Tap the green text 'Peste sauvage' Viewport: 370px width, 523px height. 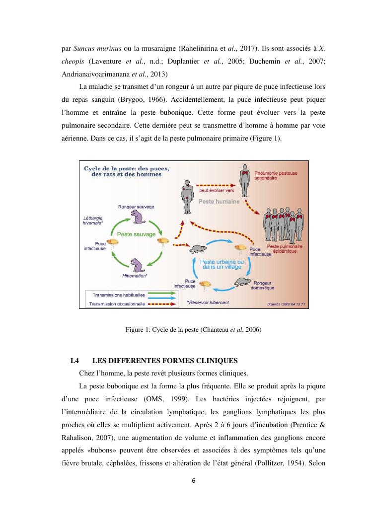(x=137, y=234)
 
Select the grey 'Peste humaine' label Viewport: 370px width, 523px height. (x=219, y=202)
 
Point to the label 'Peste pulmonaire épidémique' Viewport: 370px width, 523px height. (x=282, y=249)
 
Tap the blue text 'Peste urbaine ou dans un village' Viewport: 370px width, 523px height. (x=222, y=264)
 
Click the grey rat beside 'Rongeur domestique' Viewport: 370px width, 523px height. (x=242, y=282)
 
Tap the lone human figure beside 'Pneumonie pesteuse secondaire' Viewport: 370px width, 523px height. (x=244, y=181)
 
